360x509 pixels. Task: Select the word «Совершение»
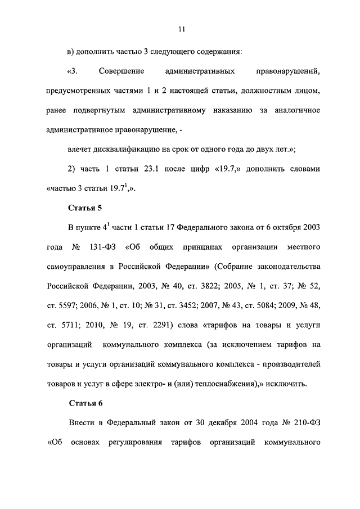121,71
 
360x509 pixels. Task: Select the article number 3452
209,305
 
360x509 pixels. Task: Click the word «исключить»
289,384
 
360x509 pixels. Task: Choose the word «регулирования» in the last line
130,442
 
